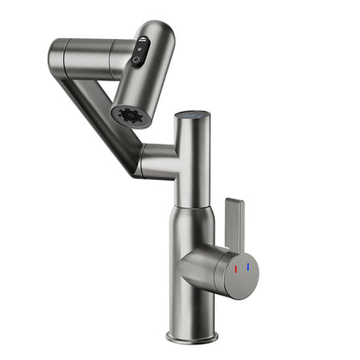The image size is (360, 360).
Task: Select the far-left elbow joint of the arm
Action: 61,58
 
